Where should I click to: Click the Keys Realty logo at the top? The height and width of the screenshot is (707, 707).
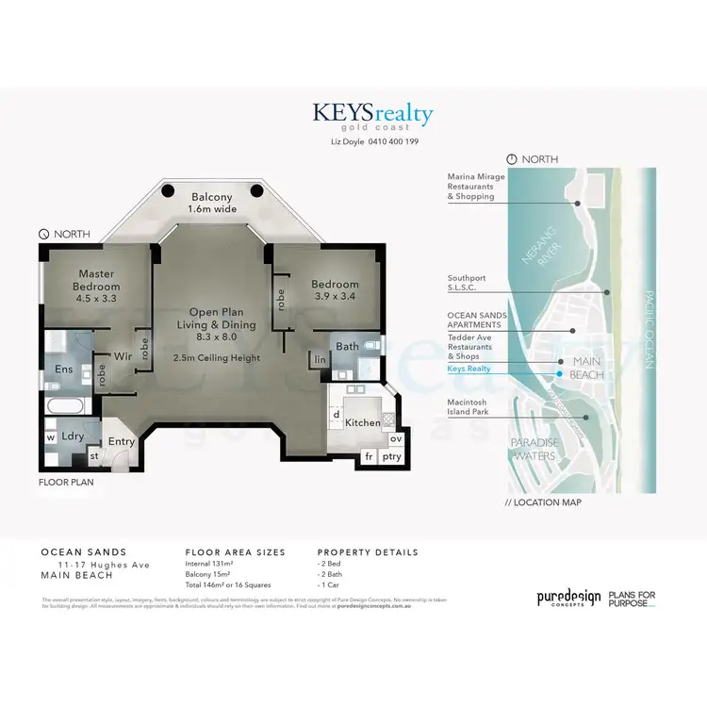tap(374, 116)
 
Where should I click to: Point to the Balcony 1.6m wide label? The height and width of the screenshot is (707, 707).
tap(212, 203)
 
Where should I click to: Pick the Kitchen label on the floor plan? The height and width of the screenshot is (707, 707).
tap(362, 422)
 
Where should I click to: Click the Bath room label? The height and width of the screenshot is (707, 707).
tap(348, 346)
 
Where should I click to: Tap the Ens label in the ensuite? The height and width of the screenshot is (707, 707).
tap(64, 370)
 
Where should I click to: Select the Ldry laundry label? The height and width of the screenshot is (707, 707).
tap(73, 436)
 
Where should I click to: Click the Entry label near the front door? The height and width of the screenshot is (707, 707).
tap(121, 441)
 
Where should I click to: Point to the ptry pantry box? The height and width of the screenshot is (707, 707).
tap(391, 457)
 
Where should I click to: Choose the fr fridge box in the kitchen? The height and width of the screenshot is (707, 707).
tap(369, 457)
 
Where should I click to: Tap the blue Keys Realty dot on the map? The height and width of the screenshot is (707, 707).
tap(559, 374)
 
